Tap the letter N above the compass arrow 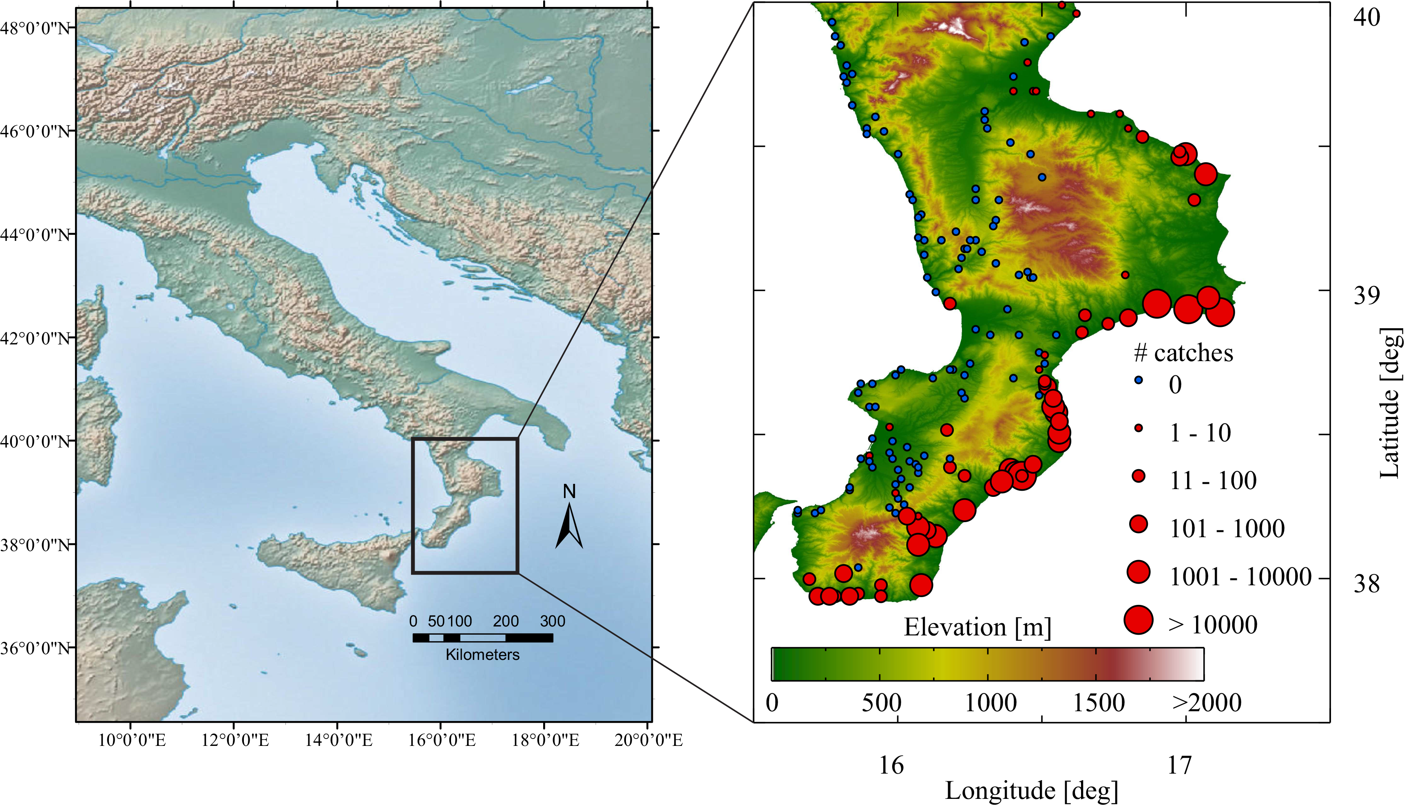(x=569, y=491)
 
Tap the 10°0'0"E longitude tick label (x=132, y=740)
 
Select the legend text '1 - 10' (x=1200, y=432)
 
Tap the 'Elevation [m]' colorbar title (x=977, y=627)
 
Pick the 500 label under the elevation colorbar (x=881, y=703)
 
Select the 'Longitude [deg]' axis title (x=1031, y=791)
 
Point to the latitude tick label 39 (x=1366, y=296)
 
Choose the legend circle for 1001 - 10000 (x=1138, y=572)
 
